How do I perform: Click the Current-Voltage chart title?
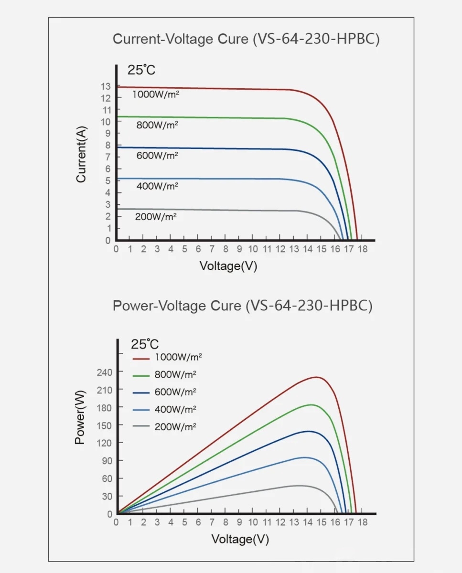coord(246,39)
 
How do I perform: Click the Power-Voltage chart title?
coord(242,306)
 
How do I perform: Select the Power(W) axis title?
coord(80,417)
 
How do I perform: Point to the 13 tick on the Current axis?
coord(106,86)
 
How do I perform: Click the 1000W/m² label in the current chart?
coord(156,95)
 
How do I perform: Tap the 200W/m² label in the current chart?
coord(156,216)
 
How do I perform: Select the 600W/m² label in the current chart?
coord(157,156)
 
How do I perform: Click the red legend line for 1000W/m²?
coord(142,357)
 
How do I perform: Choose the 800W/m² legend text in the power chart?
coord(176,374)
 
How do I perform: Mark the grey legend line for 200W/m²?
coord(142,427)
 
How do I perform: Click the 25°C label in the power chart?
coord(145,344)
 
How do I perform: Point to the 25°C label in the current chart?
coord(141,70)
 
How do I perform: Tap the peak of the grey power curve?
coord(300,486)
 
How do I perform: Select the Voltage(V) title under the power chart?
coord(240,540)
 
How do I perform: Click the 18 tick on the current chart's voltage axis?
coord(363,249)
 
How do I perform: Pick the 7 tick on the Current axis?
coord(108,157)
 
